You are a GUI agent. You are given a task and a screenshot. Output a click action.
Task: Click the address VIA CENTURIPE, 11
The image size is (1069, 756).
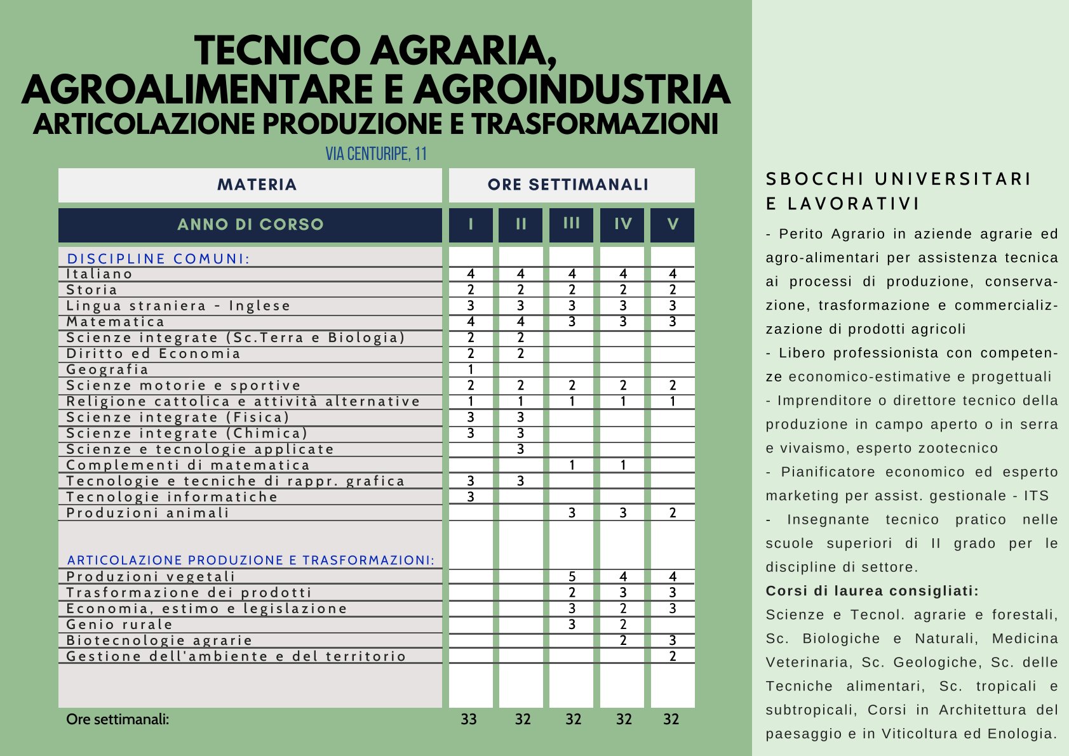click(x=376, y=154)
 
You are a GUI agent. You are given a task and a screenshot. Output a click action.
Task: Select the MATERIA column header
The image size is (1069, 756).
click(x=257, y=185)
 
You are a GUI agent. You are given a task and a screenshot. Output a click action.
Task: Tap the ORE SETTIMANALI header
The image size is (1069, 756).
click(x=568, y=185)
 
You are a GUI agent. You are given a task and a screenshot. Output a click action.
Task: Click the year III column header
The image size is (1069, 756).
click(x=572, y=223)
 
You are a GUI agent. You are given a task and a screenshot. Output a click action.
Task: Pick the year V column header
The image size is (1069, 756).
click(x=673, y=224)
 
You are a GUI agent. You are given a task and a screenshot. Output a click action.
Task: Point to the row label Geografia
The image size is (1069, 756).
click(x=107, y=369)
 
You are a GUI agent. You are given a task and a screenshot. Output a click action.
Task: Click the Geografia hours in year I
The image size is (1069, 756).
click(x=471, y=369)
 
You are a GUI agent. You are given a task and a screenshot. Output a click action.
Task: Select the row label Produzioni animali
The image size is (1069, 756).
click(x=147, y=513)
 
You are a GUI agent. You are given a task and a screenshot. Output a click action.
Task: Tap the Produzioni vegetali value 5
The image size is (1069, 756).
click(x=572, y=576)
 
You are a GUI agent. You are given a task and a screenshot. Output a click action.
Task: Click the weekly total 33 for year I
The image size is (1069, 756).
click(x=469, y=719)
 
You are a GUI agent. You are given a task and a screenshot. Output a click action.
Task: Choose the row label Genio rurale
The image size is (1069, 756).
click(x=119, y=625)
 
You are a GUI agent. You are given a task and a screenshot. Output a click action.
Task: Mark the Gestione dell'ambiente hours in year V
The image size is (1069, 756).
click(x=673, y=656)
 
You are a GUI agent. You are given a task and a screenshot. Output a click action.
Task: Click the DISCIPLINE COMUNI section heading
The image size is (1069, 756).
click(x=159, y=259)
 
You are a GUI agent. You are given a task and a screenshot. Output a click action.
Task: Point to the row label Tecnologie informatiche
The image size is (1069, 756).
click(x=172, y=497)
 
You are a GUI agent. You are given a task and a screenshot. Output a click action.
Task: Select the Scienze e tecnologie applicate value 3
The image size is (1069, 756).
click(x=521, y=449)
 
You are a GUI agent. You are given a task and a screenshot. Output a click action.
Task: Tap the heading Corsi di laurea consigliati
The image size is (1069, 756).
click(x=872, y=591)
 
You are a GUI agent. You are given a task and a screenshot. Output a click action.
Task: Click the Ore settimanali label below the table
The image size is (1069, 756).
click(x=118, y=719)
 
